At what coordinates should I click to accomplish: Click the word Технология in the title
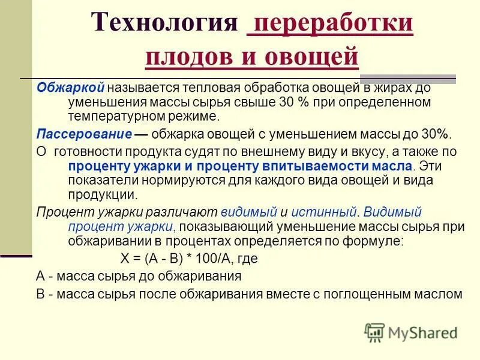coord(164,24)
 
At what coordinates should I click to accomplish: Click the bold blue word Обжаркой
coord(63,88)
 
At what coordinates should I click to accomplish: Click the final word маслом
coord(443,295)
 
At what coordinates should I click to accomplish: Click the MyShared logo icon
coord(374,332)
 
